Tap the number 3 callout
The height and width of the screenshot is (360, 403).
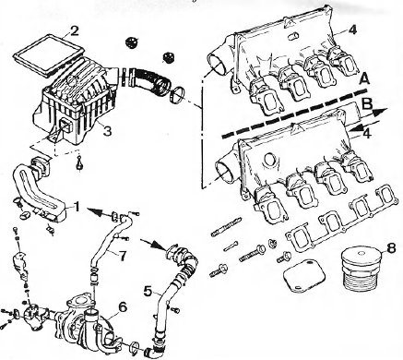click(108, 133)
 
